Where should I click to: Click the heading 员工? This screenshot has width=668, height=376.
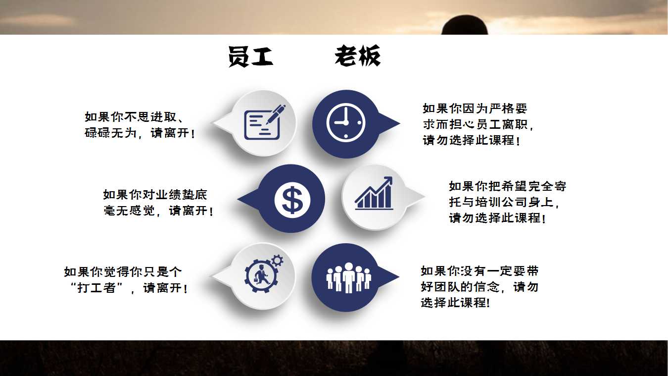pyautogui.click(x=251, y=56)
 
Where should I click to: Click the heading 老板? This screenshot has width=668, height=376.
pyautogui.click(x=358, y=55)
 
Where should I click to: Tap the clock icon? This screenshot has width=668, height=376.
pyautogui.click(x=346, y=122)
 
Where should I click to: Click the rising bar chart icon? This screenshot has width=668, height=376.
pyautogui.click(x=374, y=193)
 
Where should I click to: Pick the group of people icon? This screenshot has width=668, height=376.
pyautogui.click(x=348, y=277)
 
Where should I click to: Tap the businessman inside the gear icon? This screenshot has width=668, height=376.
pyautogui.click(x=261, y=276)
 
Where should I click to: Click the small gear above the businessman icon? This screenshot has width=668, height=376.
pyautogui.click(x=277, y=261)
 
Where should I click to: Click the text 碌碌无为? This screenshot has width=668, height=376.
pyautogui.click(x=111, y=133)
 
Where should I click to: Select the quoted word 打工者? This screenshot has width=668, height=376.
pyautogui.click(x=96, y=288)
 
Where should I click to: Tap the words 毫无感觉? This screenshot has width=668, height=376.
pyautogui.click(x=129, y=211)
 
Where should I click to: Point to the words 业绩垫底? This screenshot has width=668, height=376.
pyautogui.click(x=181, y=195)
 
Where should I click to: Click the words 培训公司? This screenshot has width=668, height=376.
pyautogui.click(x=501, y=202)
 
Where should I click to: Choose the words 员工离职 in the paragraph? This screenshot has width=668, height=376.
pyautogui.click(x=501, y=124)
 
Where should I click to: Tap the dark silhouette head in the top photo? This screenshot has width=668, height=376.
pyautogui.click(x=464, y=25)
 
